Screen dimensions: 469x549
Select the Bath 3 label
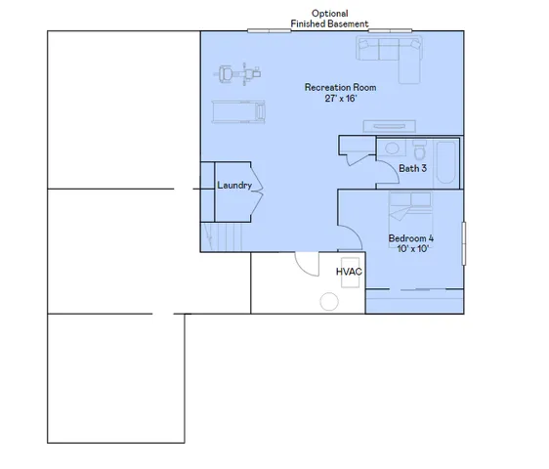click(x=413, y=168)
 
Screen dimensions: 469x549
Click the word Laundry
click(x=234, y=186)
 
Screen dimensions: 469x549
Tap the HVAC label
click(x=350, y=272)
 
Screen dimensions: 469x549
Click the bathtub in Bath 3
click(x=445, y=162)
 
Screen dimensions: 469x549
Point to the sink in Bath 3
click(x=392, y=149)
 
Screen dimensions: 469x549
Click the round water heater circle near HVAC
click(x=325, y=301)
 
